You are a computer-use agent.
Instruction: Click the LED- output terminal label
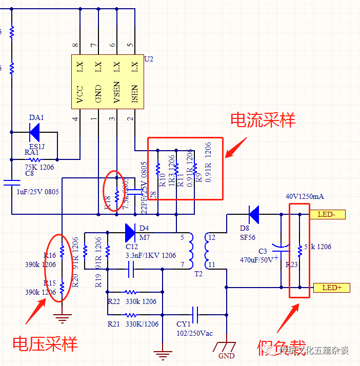(328, 214)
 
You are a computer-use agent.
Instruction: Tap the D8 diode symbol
(253, 214)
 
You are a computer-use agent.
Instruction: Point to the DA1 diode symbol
(35, 133)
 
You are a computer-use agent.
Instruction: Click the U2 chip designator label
(149, 59)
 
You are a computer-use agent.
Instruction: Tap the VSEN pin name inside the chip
(117, 93)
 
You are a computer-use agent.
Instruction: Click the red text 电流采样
(263, 120)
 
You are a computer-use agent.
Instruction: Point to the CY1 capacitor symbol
(195, 313)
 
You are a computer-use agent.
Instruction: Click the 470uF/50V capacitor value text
(259, 260)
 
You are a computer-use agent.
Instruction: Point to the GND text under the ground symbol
(226, 356)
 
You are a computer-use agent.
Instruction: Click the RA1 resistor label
(32, 152)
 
